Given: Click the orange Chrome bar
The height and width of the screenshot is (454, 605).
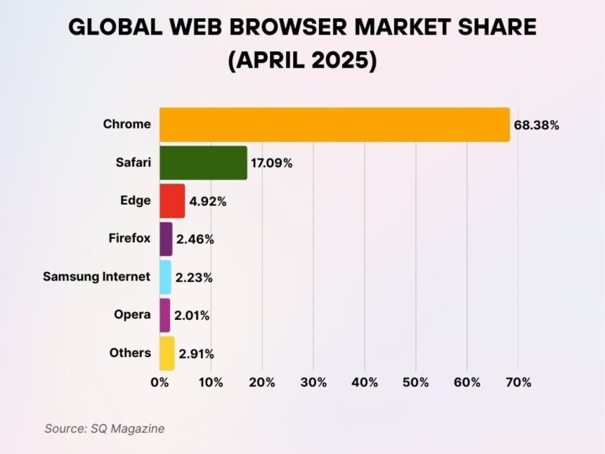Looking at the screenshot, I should point(335,125).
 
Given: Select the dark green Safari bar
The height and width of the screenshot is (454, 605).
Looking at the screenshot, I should point(203,162).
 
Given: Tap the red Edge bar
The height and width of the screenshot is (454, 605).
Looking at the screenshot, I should point(172,200).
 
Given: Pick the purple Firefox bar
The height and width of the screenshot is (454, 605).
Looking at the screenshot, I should point(165,239).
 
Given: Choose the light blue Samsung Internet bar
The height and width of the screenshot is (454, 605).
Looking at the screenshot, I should point(165,277).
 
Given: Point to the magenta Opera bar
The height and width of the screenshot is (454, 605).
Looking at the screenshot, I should point(165,314).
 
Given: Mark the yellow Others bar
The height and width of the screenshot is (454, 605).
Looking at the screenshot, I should point(167,353).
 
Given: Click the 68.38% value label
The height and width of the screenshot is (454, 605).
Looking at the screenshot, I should point(536,125).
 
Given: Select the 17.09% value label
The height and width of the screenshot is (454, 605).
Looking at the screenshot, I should point(272,163).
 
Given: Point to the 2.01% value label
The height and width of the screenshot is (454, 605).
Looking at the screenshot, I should point(193,315).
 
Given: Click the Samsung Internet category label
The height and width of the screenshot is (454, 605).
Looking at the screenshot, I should point(96,276).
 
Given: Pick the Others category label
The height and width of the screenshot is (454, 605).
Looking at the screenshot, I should point(130,352).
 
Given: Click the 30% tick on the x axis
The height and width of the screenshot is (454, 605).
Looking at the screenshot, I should point(314,382).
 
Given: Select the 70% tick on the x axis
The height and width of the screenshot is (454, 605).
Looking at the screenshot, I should point(518,382).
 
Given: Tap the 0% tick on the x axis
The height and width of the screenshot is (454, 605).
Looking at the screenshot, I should point(160,382).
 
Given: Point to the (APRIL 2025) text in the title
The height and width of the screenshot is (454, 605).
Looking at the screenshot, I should point(302,60).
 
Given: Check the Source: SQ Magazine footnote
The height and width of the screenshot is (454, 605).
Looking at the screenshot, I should point(105,428).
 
